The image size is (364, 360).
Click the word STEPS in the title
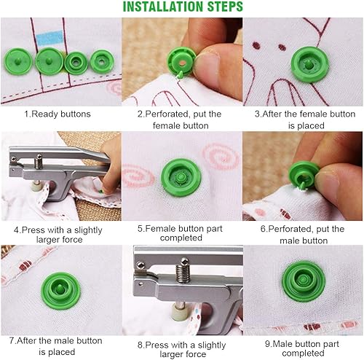click(x=223, y=7)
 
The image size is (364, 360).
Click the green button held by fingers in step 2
click(x=180, y=59)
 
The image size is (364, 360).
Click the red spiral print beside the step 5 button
click(x=218, y=157)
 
